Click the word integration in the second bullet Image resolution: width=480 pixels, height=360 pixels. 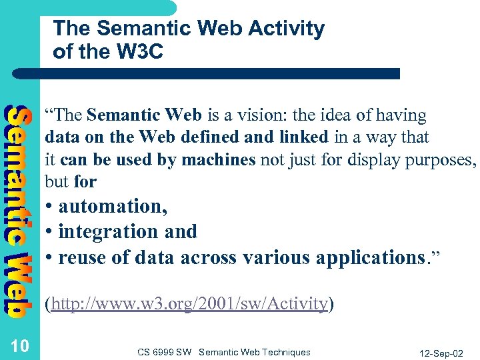coord(104,231)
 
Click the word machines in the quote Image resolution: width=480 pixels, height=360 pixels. coord(223,160)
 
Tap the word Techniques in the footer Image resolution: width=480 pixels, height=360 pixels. coord(285,352)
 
